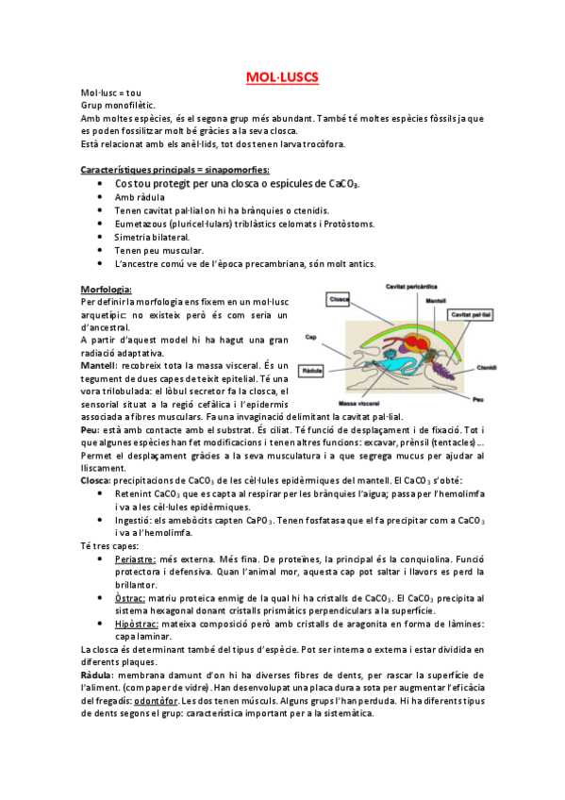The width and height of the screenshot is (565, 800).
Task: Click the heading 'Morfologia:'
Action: click(x=107, y=289)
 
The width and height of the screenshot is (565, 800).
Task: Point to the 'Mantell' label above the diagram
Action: click(x=435, y=301)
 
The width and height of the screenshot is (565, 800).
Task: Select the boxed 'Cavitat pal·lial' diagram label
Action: click(x=474, y=314)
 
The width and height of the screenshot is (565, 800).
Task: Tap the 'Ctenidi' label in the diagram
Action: click(x=486, y=368)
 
